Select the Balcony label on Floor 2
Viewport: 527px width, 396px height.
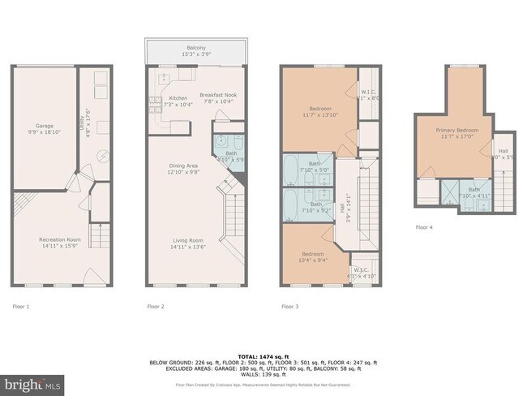pos(195,48)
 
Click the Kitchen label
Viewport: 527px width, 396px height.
pos(178,98)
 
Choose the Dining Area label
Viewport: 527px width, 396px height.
pos(182,166)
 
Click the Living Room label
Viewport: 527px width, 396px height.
pos(186,239)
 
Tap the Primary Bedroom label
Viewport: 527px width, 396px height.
pos(456,130)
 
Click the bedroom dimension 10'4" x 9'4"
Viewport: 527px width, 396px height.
pos(312,260)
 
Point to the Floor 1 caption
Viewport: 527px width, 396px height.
pos(21,307)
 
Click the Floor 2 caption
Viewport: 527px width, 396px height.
pos(156,307)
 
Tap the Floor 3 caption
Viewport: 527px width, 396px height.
pos(290,307)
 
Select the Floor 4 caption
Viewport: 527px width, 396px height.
pos(424,227)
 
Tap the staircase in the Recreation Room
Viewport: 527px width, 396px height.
pos(99,235)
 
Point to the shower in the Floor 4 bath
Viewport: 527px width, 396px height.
pos(448,192)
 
